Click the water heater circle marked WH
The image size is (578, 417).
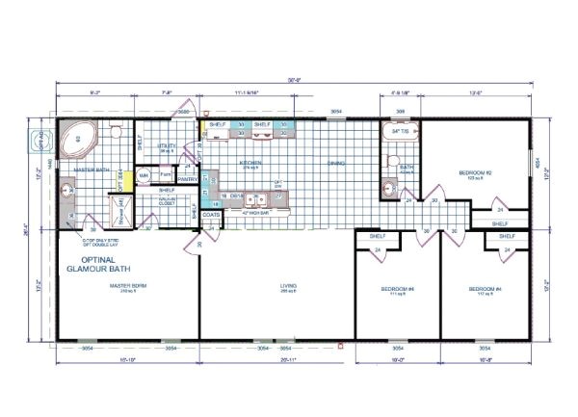144,176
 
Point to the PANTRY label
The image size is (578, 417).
188,179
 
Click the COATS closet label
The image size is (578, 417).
211,215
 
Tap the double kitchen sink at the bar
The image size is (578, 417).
255,201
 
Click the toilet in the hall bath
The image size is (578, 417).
391,162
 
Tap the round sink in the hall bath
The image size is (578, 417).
391,187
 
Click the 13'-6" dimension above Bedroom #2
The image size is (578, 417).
477,94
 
